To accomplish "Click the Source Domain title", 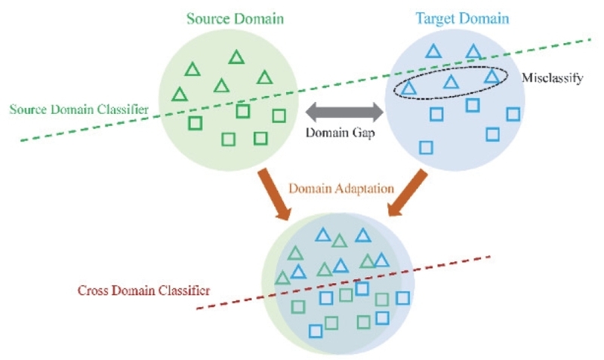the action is coord(235,18).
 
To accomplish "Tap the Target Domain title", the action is coord(462,18).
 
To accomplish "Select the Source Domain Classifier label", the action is coord(79,109).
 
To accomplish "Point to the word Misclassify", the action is coord(552,78).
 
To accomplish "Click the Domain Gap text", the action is coord(341,133).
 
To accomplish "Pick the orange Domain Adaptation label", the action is coord(341,188).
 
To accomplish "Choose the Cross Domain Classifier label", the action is coord(143,290).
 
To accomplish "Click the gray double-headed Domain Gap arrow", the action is coord(345,112).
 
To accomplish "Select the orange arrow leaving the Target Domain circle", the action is coord(408,192).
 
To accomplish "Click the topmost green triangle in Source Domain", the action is coord(236,57).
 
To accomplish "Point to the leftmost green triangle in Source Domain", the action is coord(180,94).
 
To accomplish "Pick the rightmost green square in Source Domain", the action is coord(279,115).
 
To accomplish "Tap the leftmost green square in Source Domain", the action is coord(196,123).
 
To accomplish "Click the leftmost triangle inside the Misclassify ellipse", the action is coord(408,88).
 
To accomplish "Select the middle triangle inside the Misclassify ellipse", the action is coord(451,82).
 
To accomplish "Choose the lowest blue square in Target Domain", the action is coord(426,147).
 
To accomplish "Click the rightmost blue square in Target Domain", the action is coord(513,115).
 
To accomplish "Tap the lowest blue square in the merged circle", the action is coord(316,331).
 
